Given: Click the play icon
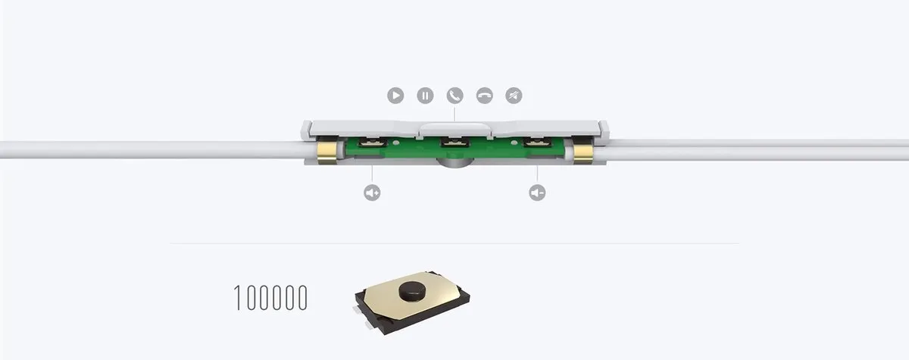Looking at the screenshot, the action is tap(395, 95).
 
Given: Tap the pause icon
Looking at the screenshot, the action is tap(425, 95).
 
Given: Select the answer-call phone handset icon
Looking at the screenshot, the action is tap(454, 95).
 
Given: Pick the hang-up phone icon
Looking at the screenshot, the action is tap(484, 95).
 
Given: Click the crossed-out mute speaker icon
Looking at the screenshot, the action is tap(514, 95).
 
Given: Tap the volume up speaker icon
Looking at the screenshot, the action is tap(372, 193).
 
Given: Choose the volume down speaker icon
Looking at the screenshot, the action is tap(537, 193).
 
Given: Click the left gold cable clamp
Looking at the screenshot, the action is tap(327, 152).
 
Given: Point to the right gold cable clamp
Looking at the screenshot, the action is tap(583, 153).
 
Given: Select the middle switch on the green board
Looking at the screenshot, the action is tap(454, 142).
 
